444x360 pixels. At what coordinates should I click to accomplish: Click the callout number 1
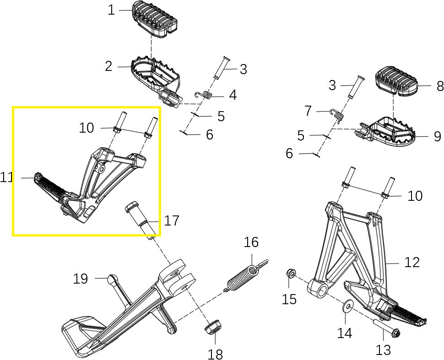[111, 10]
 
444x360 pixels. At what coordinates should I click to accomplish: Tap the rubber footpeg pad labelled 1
[154, 19]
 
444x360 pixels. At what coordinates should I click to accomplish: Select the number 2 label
[108, 67]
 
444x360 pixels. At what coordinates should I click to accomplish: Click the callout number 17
[172, 221]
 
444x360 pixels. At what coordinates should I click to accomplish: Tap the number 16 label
[251, 242]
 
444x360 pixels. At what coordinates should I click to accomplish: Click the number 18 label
[215, 353]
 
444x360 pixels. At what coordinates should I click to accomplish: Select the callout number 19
[81, 279]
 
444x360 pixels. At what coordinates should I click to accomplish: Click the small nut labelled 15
[289, 274]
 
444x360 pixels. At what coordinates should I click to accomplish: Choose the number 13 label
[383, 350]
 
